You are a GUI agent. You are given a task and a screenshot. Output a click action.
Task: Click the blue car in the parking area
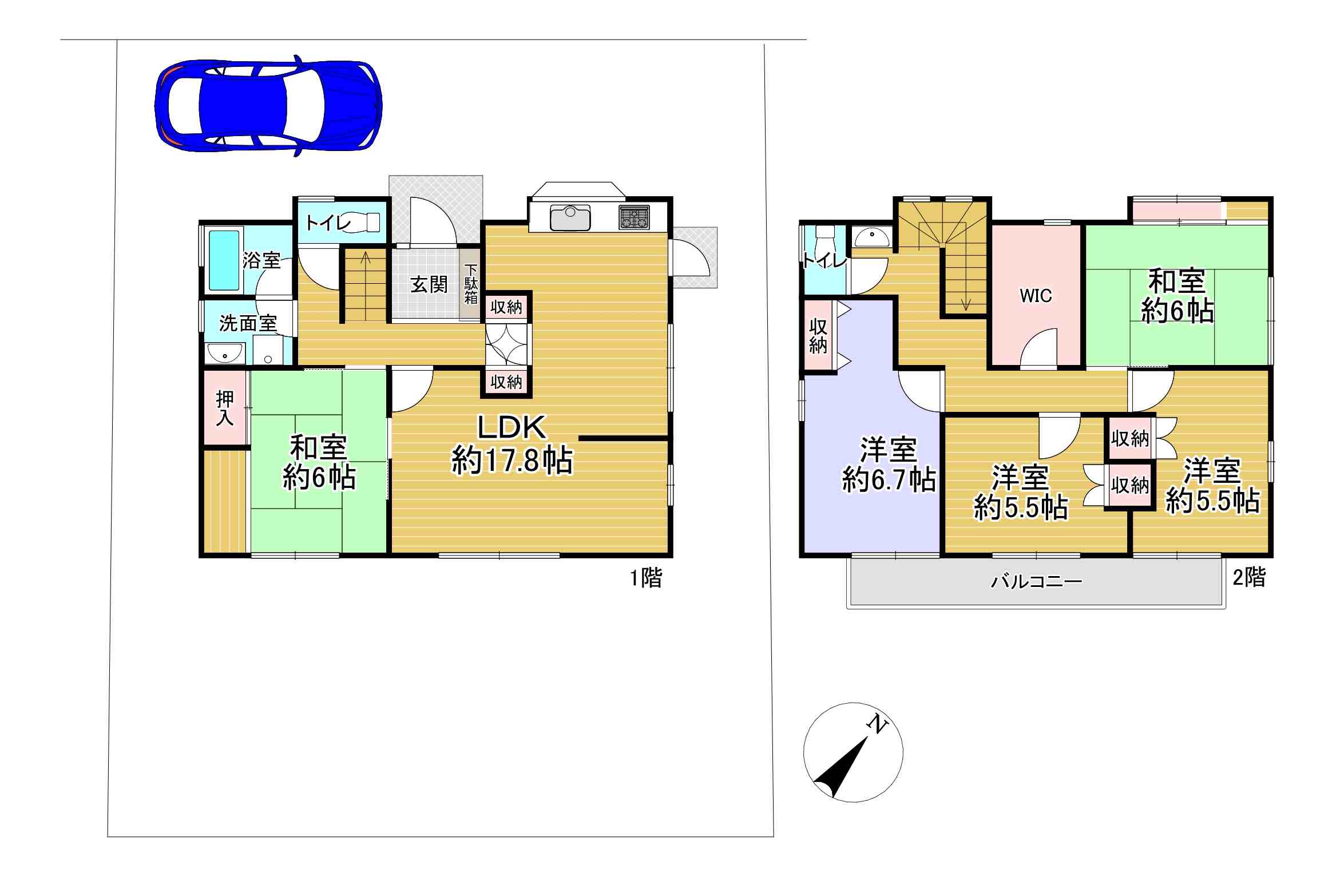tap(268, 106)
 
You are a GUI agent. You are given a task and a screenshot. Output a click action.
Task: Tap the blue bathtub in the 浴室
tap(224, 260)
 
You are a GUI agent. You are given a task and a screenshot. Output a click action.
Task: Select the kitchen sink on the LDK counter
tap(570, 217)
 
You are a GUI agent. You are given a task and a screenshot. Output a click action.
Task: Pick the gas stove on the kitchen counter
tap(634, 217)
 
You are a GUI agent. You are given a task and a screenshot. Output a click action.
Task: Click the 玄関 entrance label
tap(429, 284)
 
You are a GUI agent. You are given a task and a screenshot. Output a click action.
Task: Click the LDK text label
tap(512, 427)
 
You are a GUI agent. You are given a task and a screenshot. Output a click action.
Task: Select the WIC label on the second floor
tap(1036, 296)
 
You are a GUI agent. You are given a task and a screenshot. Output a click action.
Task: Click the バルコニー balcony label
tap(1037, 582)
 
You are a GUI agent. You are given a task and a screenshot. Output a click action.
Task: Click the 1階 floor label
tap(646, 578)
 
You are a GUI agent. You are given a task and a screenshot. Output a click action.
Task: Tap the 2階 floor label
tap(1249, 577)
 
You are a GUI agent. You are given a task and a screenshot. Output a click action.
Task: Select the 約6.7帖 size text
tap(889, 479)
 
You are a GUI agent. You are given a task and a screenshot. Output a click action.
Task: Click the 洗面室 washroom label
tap(248, 323)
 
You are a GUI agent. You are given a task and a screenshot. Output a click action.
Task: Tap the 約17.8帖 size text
tap(512, 460)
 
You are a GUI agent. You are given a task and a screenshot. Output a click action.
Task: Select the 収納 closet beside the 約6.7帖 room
tap(818, 336)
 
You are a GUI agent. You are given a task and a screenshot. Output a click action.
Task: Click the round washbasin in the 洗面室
tap(224, 355)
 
